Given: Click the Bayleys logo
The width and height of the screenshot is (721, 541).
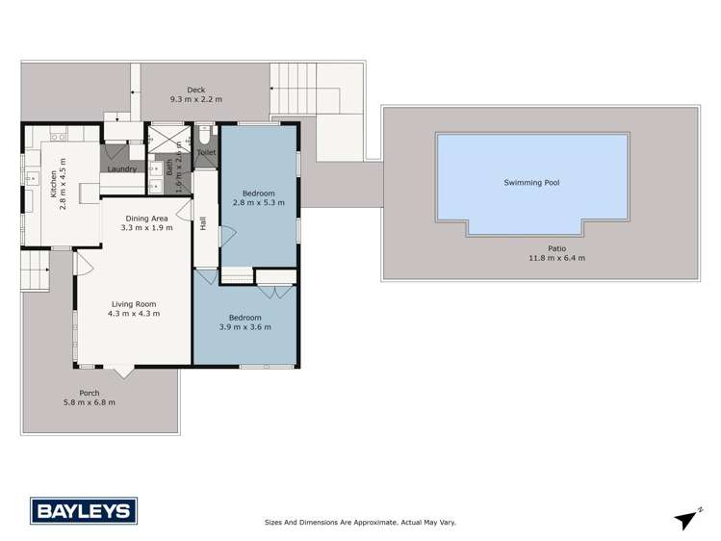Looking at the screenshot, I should [84, 509].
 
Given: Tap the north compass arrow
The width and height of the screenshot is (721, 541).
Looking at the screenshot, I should [685, 519].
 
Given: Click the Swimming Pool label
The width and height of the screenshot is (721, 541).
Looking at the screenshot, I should [531, 182].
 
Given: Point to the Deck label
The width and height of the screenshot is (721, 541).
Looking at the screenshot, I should [195, 90].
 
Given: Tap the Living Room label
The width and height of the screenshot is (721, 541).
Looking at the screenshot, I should [133, 304].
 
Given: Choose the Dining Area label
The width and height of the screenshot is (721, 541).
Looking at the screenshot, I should [146, 219].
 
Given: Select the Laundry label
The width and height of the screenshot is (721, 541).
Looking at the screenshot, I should [121, 169].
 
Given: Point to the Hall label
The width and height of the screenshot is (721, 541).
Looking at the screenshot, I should [203, 223].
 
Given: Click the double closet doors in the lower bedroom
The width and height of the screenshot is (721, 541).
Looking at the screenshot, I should [275, 291].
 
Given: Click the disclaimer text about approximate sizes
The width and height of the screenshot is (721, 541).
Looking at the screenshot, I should [360, 522].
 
